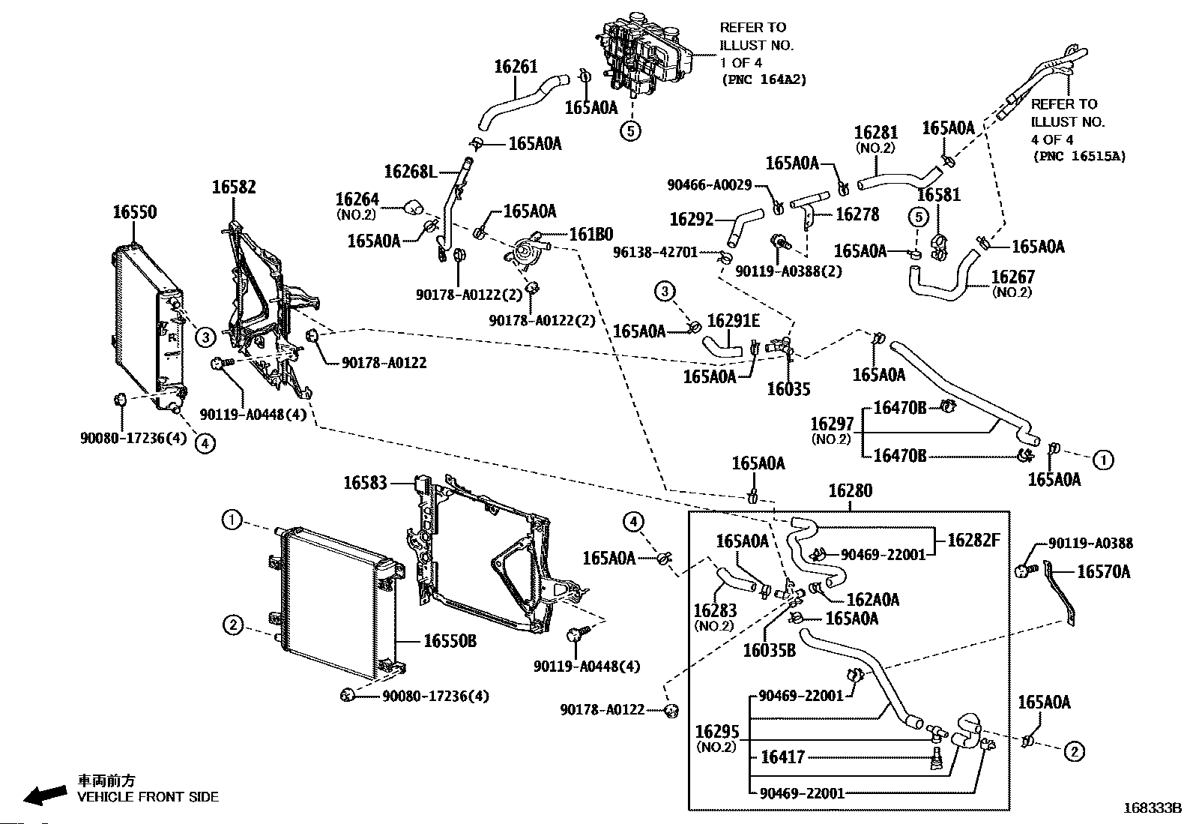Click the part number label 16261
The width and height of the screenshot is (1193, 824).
point(516,67)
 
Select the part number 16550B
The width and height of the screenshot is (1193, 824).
point(450,641)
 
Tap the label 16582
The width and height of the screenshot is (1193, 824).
point(233,187)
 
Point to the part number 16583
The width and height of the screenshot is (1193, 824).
point(366,483)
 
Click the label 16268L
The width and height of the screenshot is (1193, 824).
point(410,172)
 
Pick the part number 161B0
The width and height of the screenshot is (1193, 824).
point(591,235)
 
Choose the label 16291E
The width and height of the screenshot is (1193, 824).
point(734,321)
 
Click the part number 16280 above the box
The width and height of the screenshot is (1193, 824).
point(851,491)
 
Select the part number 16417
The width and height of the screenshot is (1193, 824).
point(782,757)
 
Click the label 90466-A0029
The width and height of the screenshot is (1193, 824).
point(709,184)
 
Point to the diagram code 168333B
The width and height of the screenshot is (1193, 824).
point(1151,808)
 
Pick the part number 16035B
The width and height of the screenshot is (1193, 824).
point(769,650)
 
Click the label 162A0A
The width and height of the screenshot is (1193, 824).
point(872,600)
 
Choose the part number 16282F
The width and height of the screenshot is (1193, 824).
point(973,540)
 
